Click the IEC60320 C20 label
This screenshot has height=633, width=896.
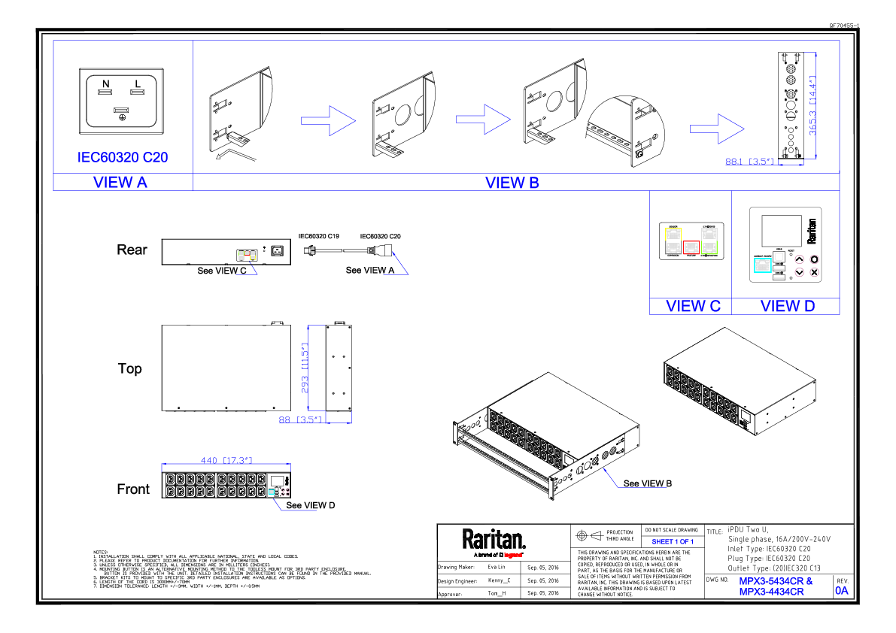[123, 157]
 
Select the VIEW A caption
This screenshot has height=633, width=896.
[120, 182]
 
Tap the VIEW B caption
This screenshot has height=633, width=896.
[512, 183]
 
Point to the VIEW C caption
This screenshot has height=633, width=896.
[693, 307]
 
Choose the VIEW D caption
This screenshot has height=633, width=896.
[788, 307]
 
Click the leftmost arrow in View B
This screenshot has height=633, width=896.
[328, 120]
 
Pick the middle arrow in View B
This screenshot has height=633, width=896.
[483, 119]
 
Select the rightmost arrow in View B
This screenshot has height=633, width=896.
[717, 129]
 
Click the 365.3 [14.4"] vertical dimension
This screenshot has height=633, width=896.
[812, 105]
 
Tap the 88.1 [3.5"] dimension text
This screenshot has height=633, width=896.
[749, 161]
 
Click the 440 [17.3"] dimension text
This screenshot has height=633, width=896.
[226, 460]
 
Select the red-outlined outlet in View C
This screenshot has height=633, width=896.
[691, 247]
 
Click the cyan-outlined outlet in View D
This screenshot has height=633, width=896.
[762, 265]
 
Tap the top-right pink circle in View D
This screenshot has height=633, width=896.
[815, 259]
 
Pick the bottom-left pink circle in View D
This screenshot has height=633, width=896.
[800, 272]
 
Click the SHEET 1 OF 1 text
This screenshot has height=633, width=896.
[673, 541]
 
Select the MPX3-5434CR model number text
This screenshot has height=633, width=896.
[776, 581]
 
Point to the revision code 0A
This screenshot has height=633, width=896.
[842, 591]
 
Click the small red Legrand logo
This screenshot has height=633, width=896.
[512, 556]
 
